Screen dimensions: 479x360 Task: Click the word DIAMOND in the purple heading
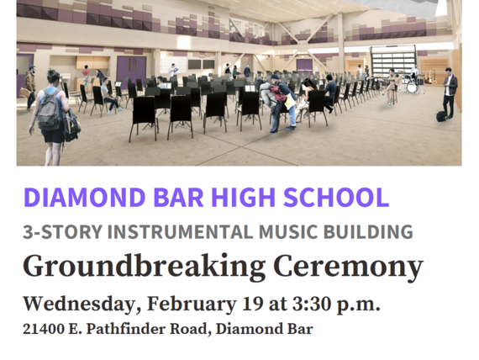[x=84, y=198]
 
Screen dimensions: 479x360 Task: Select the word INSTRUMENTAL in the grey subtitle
[x=180, y=231]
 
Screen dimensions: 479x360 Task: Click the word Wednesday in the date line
[x=80, y=304]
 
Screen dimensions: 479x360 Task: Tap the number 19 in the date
[x=252, y=304]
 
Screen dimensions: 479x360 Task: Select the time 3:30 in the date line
[x=312, y=304]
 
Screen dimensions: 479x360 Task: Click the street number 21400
[x=44, y=329]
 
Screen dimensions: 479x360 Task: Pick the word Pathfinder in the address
[x=126, y=329]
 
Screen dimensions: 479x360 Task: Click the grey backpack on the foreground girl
[x=49, y=109]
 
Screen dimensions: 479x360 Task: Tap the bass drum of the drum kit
[x=412, y=87]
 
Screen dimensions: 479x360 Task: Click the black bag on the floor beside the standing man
[x=441, y=116]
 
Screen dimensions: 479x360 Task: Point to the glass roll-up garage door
[x=392, y=61]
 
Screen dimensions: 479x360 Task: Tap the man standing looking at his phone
[x=450, y=93]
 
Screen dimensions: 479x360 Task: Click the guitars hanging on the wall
[x=430, y=77]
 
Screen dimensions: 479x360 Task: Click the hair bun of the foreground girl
[x=51, y=73]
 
